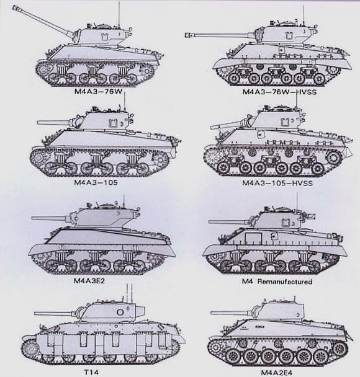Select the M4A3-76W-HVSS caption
tap(279, 92)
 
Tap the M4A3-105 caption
tap(96, 182)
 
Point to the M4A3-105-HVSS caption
tap(277, 183)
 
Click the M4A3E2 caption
tap(89, 281)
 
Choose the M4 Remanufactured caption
tap(277, 282)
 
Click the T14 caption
tap(91, 372)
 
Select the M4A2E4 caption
tap(276, 373)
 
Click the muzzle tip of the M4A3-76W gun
tap(14, 7)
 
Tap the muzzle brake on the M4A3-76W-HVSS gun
tap(189, 35)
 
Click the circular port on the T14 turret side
tap(120, 313)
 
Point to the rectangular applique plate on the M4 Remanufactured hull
tap(253, 239)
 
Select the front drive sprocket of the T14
tap(30, 348)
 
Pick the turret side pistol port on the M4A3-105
tap(113, 123)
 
